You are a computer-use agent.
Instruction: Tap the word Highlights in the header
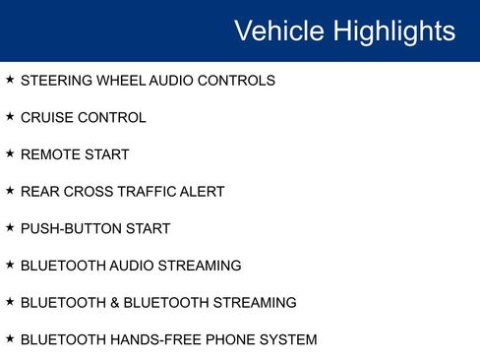tap(393, 31)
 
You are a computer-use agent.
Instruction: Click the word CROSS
tap(84, 192)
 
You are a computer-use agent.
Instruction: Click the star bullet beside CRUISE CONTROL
tap(10, 117)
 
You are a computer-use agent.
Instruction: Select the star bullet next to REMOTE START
tap(10, 153)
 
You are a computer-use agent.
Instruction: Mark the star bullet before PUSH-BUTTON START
tap(10, 228)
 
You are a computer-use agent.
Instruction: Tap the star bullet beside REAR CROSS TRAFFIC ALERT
tap(10, 191)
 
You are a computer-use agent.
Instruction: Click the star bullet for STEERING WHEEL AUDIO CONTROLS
tap(10, 80)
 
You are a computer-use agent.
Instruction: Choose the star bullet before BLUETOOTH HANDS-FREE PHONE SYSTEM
tap(10, 339)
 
